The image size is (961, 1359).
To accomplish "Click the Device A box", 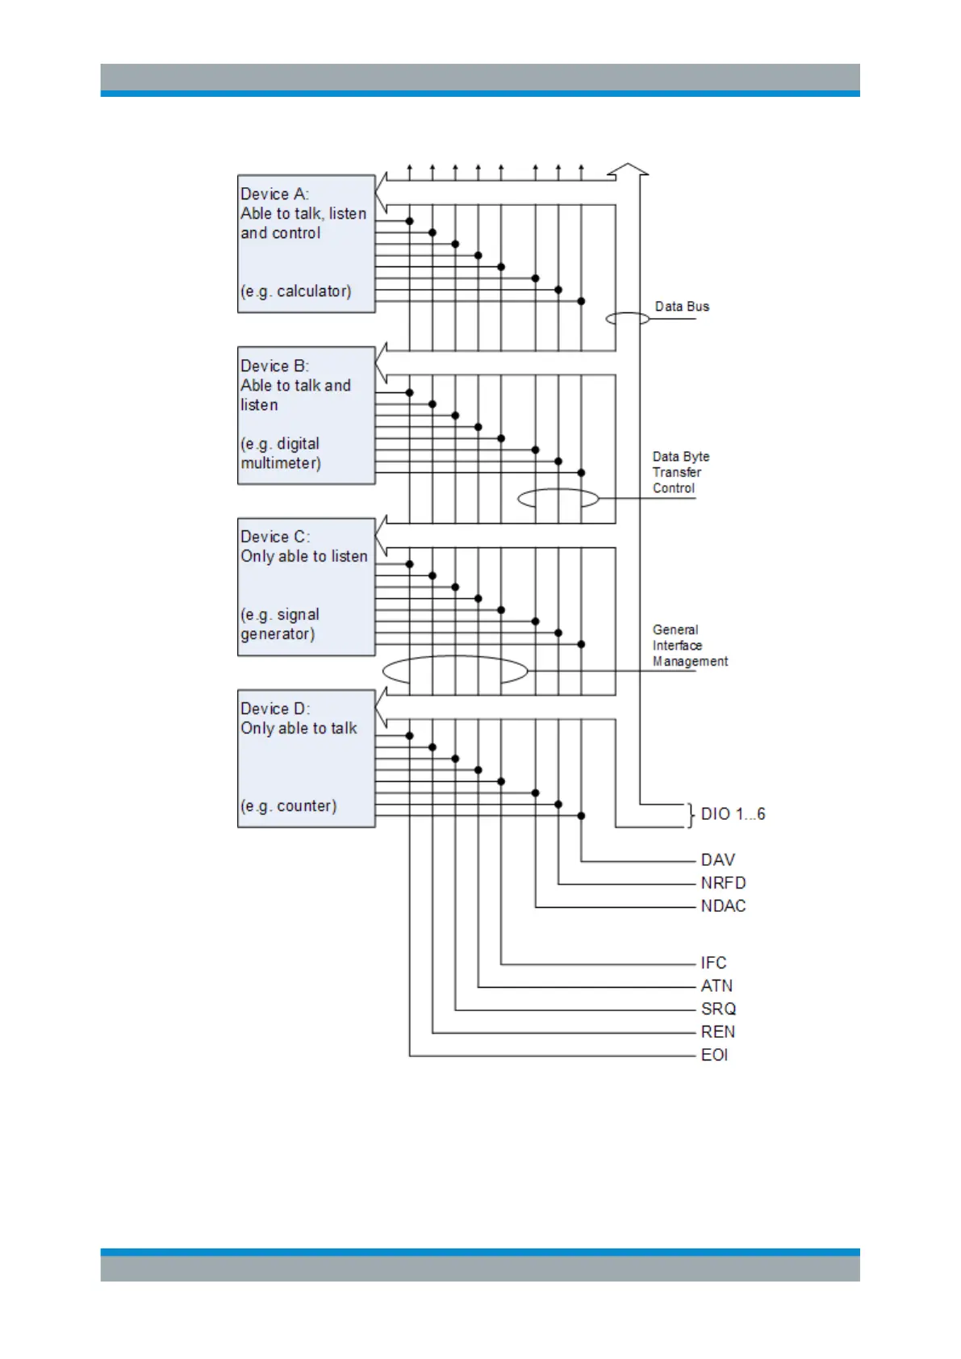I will click(x=306, y=244).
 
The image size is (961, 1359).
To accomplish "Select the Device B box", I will click(x=306, y=416).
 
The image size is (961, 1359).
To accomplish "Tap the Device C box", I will click(x=306, y=587).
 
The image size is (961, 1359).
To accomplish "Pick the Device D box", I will click(x=306, y=759).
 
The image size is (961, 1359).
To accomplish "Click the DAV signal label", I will click(x=717, y=860).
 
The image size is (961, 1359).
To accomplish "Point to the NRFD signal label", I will click(x=723, y=883).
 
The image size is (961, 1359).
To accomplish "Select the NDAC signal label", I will click(x=723, y=906).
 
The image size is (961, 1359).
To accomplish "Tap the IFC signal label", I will click(x=713, y=963).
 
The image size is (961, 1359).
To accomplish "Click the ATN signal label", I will click(x=717, y=986).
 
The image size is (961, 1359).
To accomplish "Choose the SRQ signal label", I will click(x=718, y=1009).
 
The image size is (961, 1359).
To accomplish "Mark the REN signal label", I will click(x=717, y=1032).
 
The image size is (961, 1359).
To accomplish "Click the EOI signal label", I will click(x=714, y=1055).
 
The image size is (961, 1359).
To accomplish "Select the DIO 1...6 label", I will click(x=733, y=814).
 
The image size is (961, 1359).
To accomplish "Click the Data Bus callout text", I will click(x=682, y=307).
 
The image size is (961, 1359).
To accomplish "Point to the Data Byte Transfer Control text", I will click(x=680, y=472).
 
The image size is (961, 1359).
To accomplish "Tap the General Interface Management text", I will click(x=689, y=646).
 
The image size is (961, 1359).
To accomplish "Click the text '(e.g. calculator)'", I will click(x=296, y=291).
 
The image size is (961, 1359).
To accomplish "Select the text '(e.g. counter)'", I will click(x=289, y=806).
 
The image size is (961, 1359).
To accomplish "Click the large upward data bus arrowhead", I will click(x=628, y=169).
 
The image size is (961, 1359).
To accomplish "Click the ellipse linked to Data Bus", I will click(x=627, y=319).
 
